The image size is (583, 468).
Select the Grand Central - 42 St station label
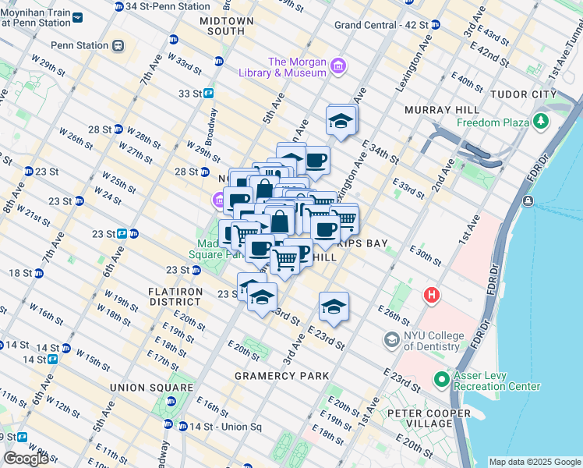coord(381,25)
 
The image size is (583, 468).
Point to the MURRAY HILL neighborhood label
coord(437,111)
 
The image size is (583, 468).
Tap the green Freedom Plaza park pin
coord(539,122)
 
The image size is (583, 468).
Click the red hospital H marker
coord(431,296)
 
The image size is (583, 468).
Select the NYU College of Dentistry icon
coord(392,339)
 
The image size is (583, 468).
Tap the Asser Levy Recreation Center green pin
coord(442,380)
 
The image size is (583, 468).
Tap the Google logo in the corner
coord(26,459)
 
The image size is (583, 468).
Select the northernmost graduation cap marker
coord(341,121)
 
